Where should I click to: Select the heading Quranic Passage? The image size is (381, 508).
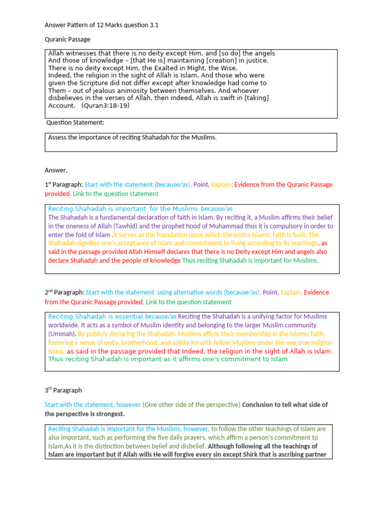[x=67, y=39]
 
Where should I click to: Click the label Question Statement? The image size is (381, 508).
[x=75, y=123]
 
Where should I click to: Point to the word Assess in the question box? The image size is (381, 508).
[x=58, y=137]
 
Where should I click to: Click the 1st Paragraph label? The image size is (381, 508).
[x=63, y=185]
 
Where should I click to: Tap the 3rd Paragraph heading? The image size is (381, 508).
[x=63, y=390]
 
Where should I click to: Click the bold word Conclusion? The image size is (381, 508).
[x=260, y=405]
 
